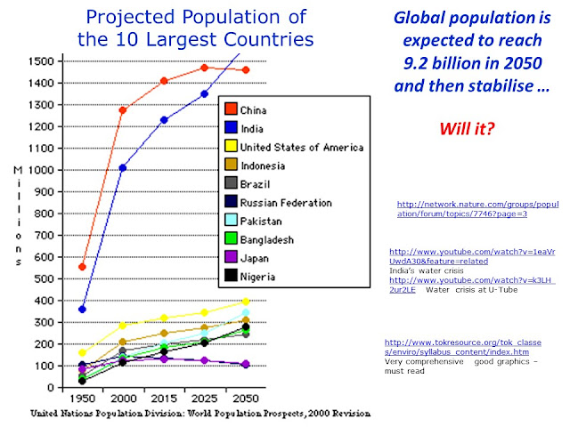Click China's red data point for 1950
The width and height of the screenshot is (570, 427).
82,267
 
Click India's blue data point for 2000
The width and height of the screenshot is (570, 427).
122,167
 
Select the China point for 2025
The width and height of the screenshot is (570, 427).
204,68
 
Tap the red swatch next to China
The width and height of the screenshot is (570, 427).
229,110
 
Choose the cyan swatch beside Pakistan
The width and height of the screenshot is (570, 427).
229,220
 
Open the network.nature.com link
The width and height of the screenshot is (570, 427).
476,208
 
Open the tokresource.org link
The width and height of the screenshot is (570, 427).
468,347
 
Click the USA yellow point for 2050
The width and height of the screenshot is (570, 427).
245,302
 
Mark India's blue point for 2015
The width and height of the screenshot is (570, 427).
163,120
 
